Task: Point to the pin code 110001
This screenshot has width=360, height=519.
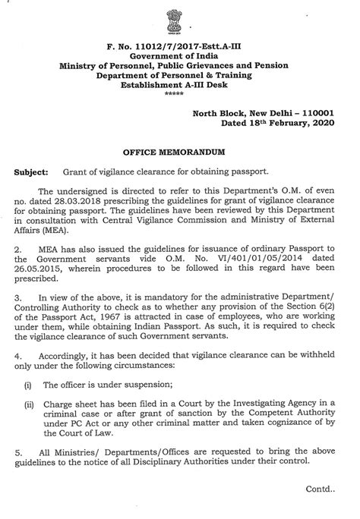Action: pos(327,109)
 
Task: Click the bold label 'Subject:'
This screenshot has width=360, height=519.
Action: pos(30,172)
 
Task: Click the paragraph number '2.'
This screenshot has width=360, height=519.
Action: pos(19,256)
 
